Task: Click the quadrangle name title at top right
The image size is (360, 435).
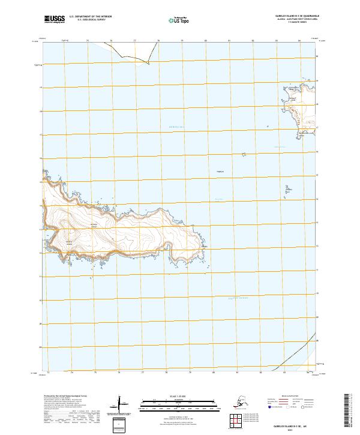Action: tap(289, 17)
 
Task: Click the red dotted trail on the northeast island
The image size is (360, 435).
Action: tap(292, 112)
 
